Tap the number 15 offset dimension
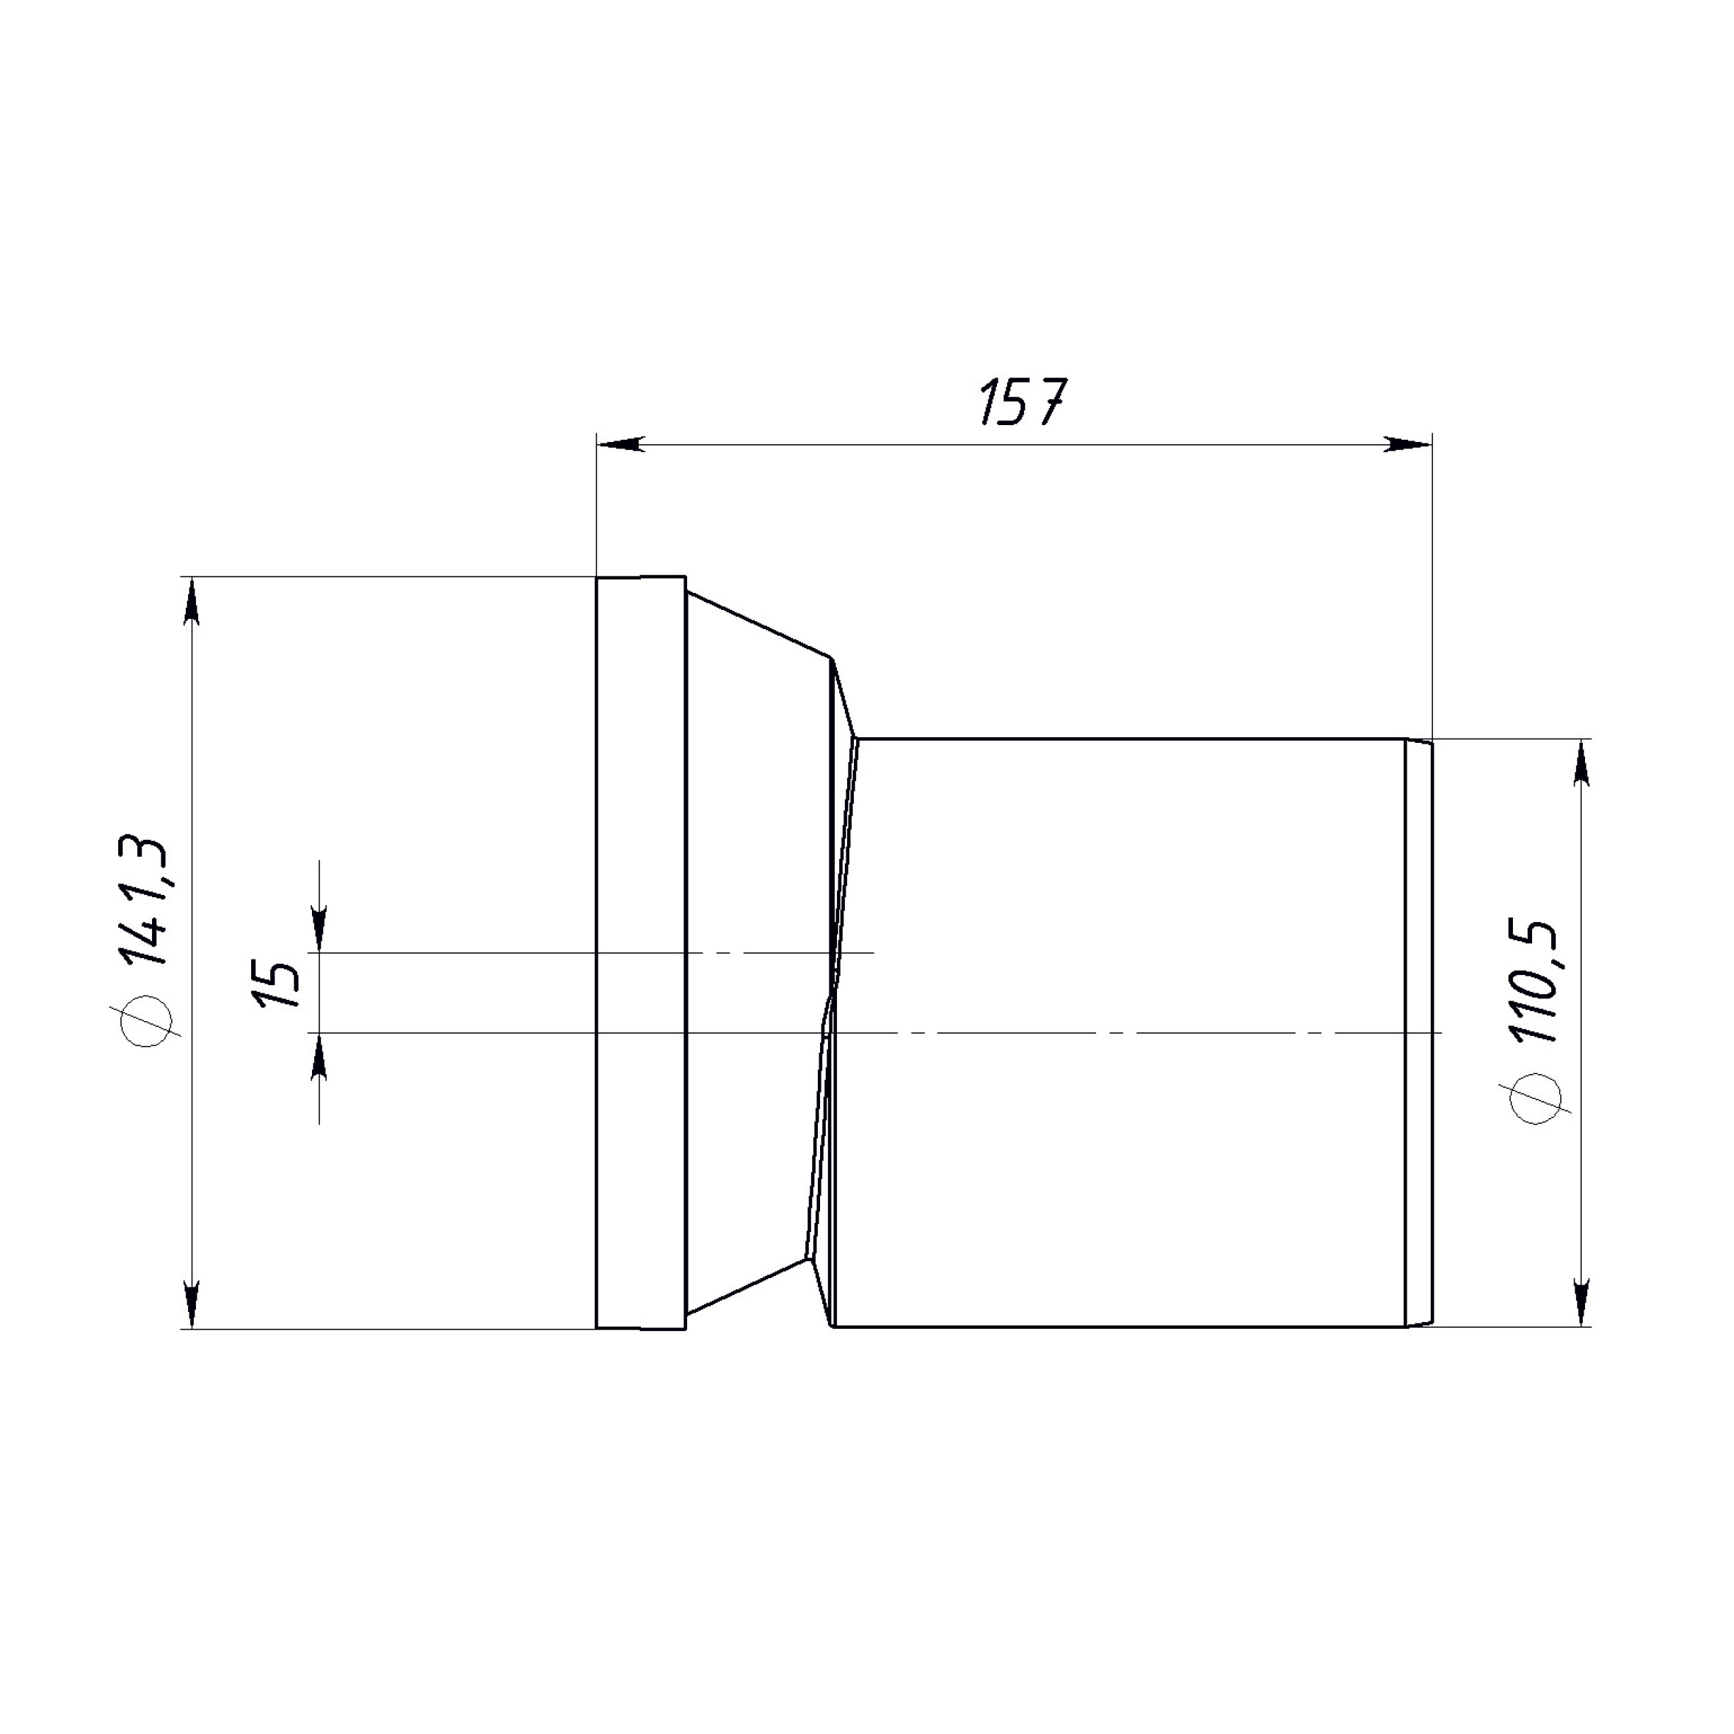point(279,984)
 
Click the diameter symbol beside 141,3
point(145,1023)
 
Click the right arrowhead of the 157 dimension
point(1407,444)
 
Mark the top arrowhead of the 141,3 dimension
point(191,601)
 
